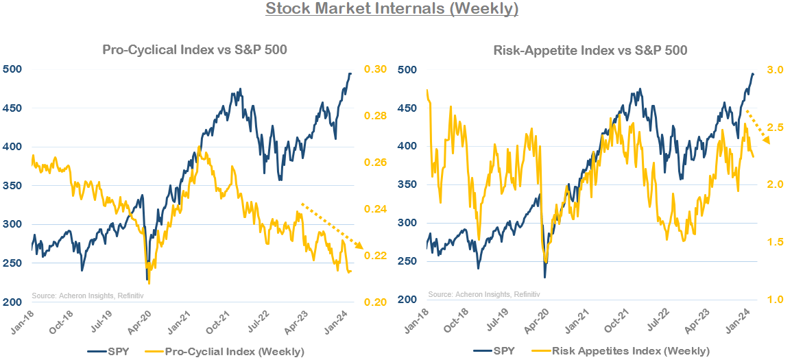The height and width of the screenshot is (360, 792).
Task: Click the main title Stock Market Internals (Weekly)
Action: (392, 10)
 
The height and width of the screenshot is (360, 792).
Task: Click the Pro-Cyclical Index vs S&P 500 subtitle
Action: (194, 49)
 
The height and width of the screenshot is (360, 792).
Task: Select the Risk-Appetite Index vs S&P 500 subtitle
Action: (590, 50)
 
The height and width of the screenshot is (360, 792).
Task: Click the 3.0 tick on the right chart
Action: (773, 70)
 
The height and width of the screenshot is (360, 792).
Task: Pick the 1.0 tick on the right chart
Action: (773, 300)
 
